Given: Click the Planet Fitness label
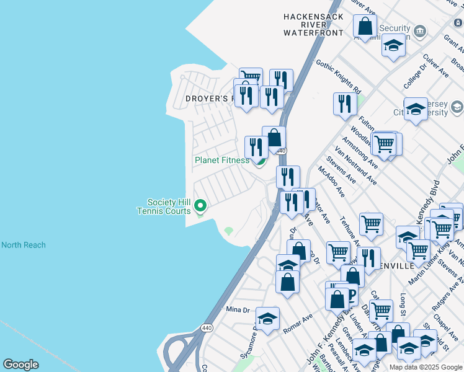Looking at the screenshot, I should (x=221, y=160).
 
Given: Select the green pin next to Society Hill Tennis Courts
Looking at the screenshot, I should (x=200, y=205).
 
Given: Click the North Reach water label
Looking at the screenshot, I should (x=24, y=245).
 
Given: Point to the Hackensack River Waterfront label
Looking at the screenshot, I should (x=313, y=24).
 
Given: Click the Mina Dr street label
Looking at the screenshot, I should (x=237, y=309).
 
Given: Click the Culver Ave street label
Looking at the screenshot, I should (x=435, y=64).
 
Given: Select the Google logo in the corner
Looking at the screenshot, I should (x=21, y=365).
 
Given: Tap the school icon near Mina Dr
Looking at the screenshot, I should (x=267, y=319).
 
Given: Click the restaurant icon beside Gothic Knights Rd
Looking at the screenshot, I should (x=344, y=104).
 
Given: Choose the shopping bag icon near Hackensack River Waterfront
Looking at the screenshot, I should (x=365, y=27).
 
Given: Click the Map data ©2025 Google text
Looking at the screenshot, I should (x=425, y=367).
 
